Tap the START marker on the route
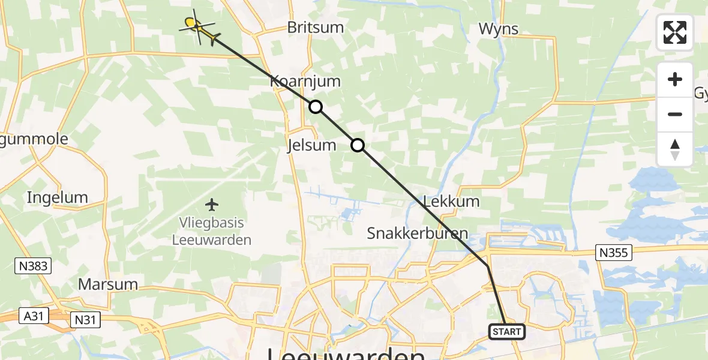pos(507,331)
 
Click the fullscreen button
pos(675,32)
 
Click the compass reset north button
pos(675,149)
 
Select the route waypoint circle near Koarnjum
pos(315,107)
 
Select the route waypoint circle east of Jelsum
pos(357,145)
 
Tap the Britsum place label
pos(316,27)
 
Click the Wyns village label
pos(499,28)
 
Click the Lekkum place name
pos(451,201)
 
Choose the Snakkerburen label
pos(418,233)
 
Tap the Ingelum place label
pos(58,197)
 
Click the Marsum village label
pos(108,284)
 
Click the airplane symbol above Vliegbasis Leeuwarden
pos(212,205)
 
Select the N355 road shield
pos(614,253)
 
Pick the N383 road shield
pos(34,265)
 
